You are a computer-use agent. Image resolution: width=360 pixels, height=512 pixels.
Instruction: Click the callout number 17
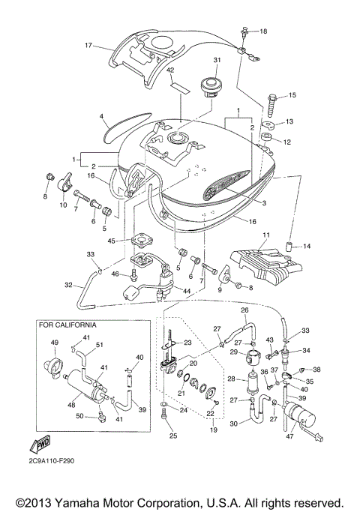coord(88,46)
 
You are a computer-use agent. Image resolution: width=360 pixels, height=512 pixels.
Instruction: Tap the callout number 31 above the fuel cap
coord(217,61)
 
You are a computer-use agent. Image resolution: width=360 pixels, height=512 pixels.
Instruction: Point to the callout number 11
coord(264,235)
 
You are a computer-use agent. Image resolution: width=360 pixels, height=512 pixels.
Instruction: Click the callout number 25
coord(173,436)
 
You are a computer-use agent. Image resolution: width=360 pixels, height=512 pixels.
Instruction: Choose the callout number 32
coord(68,286)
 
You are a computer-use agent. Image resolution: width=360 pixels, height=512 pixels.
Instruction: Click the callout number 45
coord(111,241)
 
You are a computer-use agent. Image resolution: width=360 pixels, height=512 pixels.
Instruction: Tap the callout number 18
coord(262,31)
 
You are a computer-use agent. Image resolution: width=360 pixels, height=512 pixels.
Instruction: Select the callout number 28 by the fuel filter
coord(231,379)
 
